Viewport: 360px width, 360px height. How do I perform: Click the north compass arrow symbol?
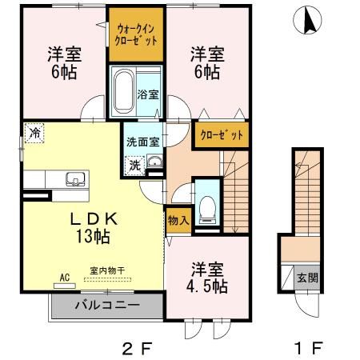tap(308, 21)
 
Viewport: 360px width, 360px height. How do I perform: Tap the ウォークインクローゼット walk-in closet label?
tap(136, 33)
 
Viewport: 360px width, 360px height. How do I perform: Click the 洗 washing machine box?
tap(134, 166)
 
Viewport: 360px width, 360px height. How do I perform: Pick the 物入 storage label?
tap(176, 218)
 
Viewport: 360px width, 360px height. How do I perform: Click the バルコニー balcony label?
tap(108, 306)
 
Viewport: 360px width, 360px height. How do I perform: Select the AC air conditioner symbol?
tap(65, 278)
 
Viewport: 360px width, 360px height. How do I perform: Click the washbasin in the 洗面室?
tap(154, 165)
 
